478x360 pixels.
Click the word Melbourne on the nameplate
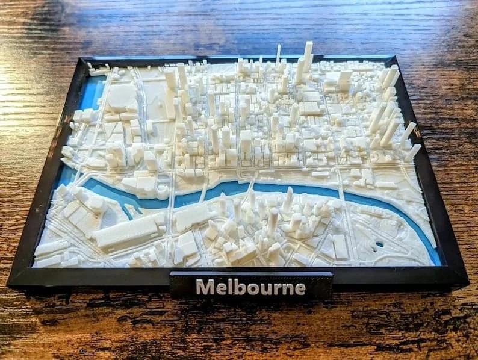(250, 287)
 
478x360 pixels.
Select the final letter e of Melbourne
(299, 288)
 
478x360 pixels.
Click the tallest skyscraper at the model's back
(307, 57)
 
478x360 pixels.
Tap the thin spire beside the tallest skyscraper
(278, 54)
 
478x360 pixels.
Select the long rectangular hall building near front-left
(130, 232)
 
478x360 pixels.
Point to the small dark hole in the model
(379, 245)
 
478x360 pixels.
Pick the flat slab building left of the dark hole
(340, 246)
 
